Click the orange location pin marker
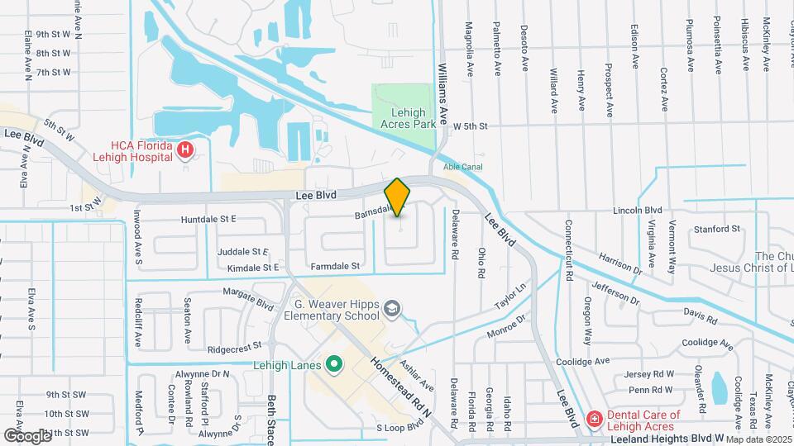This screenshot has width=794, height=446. (x=398, y=197)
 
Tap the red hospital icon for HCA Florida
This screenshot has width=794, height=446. (x=186, y=150)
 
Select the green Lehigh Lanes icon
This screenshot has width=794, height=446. (x=335, y=363)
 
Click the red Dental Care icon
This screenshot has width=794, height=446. (x=593, y=420)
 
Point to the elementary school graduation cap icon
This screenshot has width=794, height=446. (x=392, y=309)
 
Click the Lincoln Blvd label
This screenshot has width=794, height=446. (x=638, y=211)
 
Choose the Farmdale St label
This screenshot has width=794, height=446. (x=335, y=266)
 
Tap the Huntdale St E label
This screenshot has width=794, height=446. (x=208, y=219)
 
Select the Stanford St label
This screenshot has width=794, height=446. (x=716, y=228)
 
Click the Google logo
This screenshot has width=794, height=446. (x=27, y=435)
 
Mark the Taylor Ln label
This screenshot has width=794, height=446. (x=510, y=297)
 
